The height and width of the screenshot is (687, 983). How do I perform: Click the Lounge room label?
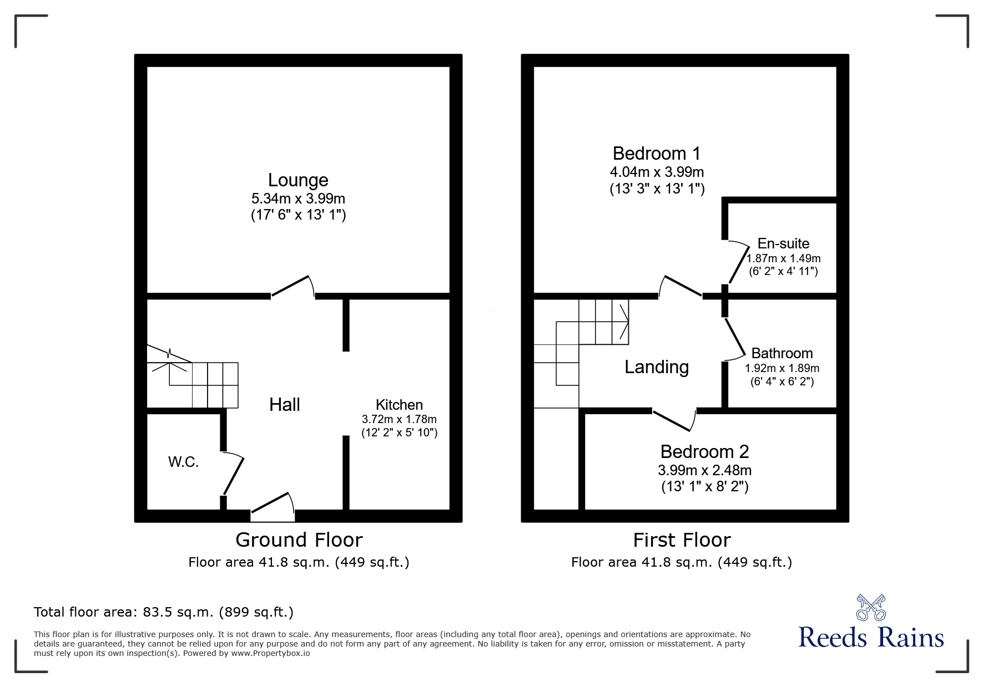pos(298,180)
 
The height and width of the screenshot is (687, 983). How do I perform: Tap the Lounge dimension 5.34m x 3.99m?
pos(298,199)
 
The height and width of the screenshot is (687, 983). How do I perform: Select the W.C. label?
pos(184,462)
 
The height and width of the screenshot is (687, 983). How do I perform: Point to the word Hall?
pos(285,405)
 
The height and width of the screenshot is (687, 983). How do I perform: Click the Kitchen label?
pos(399,405)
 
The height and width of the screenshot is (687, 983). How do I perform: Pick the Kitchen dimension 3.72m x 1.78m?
pos(399,419)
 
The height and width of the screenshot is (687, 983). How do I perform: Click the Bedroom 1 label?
pos(657,154)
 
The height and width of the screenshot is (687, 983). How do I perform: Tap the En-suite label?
pos(783,243)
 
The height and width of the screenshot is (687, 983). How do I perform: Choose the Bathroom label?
pos(782,353)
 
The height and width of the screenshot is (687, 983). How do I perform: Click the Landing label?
pos(657,367)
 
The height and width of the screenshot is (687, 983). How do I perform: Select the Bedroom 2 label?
pos(704,452)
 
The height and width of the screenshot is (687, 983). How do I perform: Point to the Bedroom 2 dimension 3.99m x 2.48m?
pos(704,470)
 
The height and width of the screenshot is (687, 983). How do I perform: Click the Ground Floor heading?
pos(299,540)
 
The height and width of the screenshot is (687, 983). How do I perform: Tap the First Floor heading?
pos(682,540)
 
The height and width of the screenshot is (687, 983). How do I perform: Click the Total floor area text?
pos(164,612)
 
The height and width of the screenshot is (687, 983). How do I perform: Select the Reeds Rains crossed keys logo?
pos(871,607)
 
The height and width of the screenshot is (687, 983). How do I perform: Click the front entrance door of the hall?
pos(273,507)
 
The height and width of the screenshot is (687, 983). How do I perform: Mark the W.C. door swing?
pos(233,474)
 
